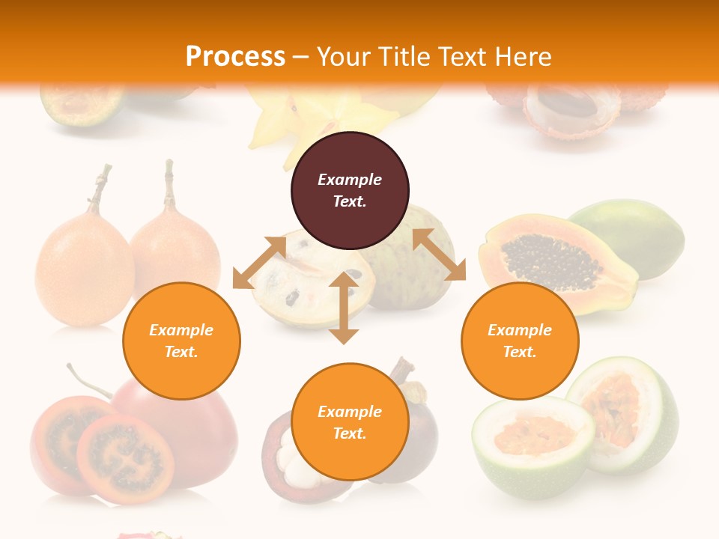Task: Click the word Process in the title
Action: (235, 57)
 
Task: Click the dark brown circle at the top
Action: (350, 190)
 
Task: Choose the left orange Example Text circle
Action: (181, 341)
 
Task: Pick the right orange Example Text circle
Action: (520, 341)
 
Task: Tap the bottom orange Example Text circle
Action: (350, 422)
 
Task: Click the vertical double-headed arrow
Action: (344, 308)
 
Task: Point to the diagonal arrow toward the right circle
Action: (439, 255)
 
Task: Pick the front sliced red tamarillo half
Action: (125, 458)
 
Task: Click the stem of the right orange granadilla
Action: (170, 183)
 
